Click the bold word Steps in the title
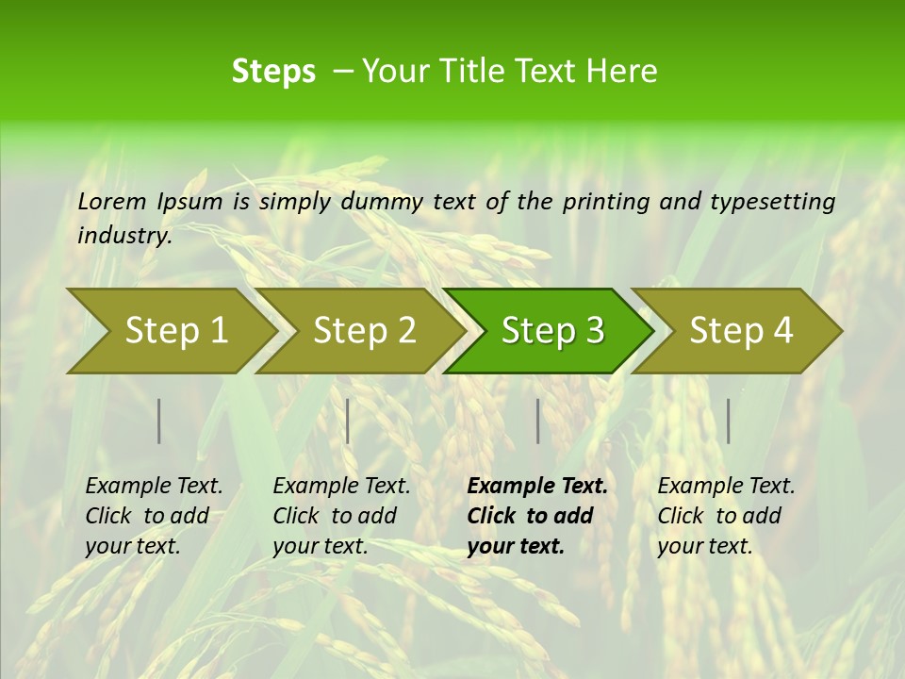[273, 72]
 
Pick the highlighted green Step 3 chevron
[552, 331]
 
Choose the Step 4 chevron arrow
[741, 331]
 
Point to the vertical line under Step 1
[159, 421]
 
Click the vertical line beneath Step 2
[348, 421]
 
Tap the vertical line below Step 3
[538, 421]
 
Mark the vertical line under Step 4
[729, 421]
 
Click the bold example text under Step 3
[536, 516]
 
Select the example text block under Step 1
[154, 516]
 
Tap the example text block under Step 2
[341, 516]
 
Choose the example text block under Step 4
[726, 516]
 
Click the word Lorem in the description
[112, 201]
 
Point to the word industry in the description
[123, 236]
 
